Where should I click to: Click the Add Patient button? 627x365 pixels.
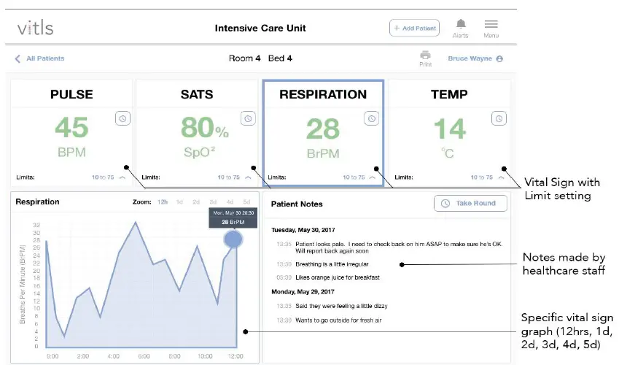414,28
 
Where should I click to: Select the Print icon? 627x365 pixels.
425,55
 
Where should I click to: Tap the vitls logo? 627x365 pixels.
35,28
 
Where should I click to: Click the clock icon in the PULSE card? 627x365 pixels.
122,118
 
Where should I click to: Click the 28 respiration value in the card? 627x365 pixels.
323,129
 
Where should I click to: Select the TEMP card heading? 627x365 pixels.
448,94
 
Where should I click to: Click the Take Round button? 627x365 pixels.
470,203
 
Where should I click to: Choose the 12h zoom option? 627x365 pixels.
163,201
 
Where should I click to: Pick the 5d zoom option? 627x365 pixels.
246,201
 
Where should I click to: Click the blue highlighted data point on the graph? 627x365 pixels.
233,239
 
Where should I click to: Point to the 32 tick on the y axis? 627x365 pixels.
36,225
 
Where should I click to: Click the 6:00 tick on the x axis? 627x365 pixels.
144,356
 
